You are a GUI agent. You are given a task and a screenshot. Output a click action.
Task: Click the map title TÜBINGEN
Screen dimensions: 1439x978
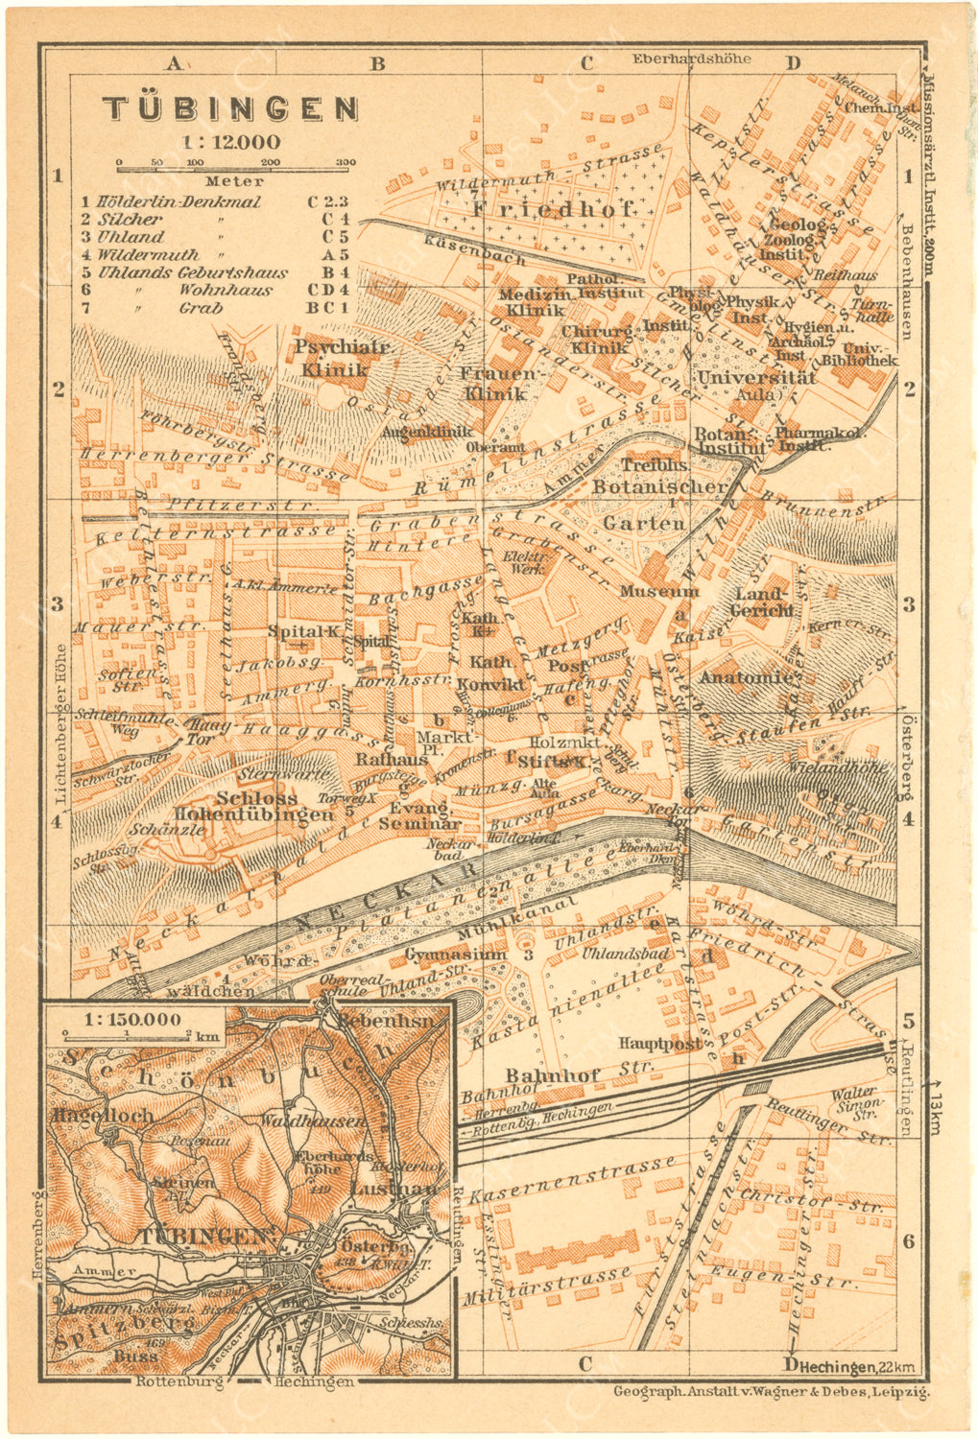click(230, 107)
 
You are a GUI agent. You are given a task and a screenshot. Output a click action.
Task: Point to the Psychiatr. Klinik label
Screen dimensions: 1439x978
click(334, 358)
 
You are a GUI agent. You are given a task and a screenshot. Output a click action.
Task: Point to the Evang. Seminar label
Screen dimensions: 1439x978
click(417, 815)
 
